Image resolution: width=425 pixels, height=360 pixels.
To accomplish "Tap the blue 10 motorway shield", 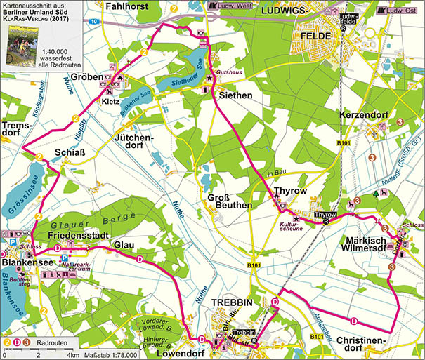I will click(93, 22).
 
